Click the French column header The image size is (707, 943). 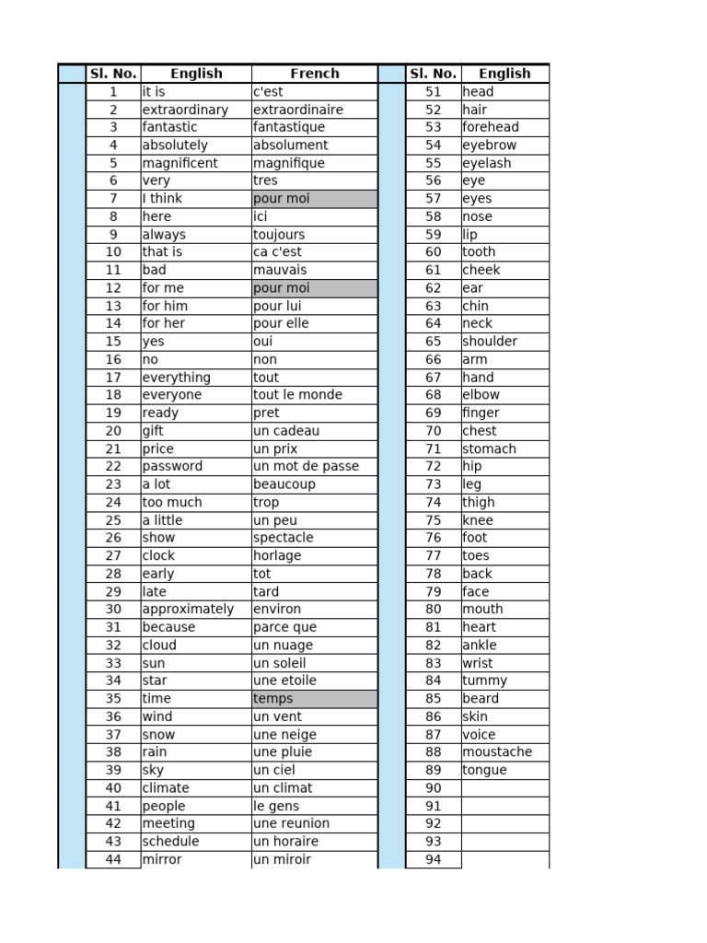(x=314, y=74)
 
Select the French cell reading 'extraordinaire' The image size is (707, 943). (x=298, y=110)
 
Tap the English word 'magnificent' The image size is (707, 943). (x=180, y=163)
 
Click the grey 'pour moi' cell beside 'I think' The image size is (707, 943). (x=314, y=199)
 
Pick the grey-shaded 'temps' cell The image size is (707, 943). (x=314, y=699)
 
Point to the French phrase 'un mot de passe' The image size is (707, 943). (x=306, y=467)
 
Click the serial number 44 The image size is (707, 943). (x=113, y=859)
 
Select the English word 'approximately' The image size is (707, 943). (x=188, y=610)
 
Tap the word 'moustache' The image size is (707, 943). (x=497, y=752)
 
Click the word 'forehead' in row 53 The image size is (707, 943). (x=491, y=127)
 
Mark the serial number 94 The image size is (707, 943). (x=433, y=859)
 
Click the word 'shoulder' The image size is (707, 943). (x=490, y=342)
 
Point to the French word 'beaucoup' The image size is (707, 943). (x=284, y=484)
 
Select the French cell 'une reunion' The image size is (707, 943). (x=291, y=823)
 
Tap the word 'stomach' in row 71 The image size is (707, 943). (x=489, y=448)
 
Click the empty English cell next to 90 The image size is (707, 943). (x=504, y=788)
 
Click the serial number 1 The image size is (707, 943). (x=113, y=92)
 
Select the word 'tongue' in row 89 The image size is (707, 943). (x=484, y=770)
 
